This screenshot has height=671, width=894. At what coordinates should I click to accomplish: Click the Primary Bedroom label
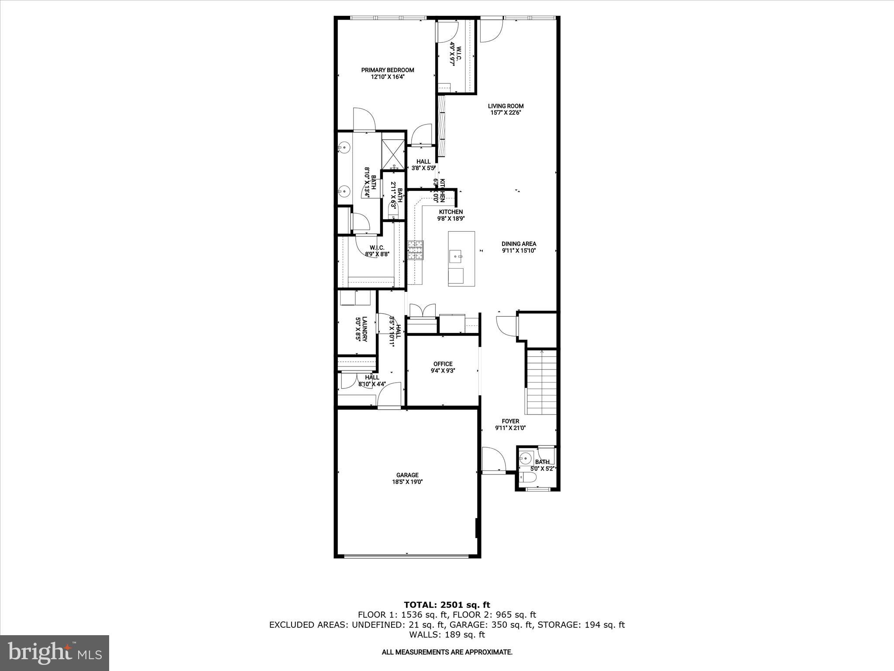point(387,70)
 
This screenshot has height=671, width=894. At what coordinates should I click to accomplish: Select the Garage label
point(407,475)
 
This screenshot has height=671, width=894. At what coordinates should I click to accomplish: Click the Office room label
point(443,364)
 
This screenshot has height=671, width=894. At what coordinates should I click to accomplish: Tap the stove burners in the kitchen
point(416,251)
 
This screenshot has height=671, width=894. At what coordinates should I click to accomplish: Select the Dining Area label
point(519,244)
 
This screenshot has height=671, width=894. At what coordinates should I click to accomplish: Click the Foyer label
point(510,421)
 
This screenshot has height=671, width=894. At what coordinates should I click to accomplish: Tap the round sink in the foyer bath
point(526,459)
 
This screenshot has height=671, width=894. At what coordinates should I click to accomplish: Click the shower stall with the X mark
point(393,154)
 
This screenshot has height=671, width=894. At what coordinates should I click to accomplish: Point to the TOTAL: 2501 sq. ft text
point(447,605)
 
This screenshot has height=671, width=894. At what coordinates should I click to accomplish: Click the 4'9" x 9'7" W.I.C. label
point(455,54)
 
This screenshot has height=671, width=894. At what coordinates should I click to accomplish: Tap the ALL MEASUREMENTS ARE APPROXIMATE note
point(447,652)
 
